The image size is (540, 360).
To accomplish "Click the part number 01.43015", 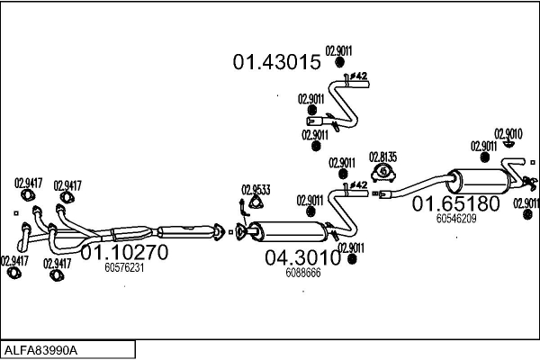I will (277, 62).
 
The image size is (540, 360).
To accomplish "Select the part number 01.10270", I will (125, 253).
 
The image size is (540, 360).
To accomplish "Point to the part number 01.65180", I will (455, 204).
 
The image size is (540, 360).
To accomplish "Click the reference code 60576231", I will (124, 267).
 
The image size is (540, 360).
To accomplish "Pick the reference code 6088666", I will (302, 273).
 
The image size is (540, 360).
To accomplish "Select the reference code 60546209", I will (455, 218).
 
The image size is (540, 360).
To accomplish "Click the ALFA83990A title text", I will (41, 349).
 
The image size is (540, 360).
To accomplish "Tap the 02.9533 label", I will (255, 190).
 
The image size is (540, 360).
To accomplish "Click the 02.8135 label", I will (384, 156).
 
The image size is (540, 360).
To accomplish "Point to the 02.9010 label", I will (508, 133).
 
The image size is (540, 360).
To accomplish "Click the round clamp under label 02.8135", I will (384, 172).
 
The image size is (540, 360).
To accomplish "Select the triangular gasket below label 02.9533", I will (243, 211).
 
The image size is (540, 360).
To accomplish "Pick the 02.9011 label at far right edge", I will (526, 202).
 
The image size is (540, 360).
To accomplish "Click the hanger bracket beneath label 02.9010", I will (508, 144).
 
